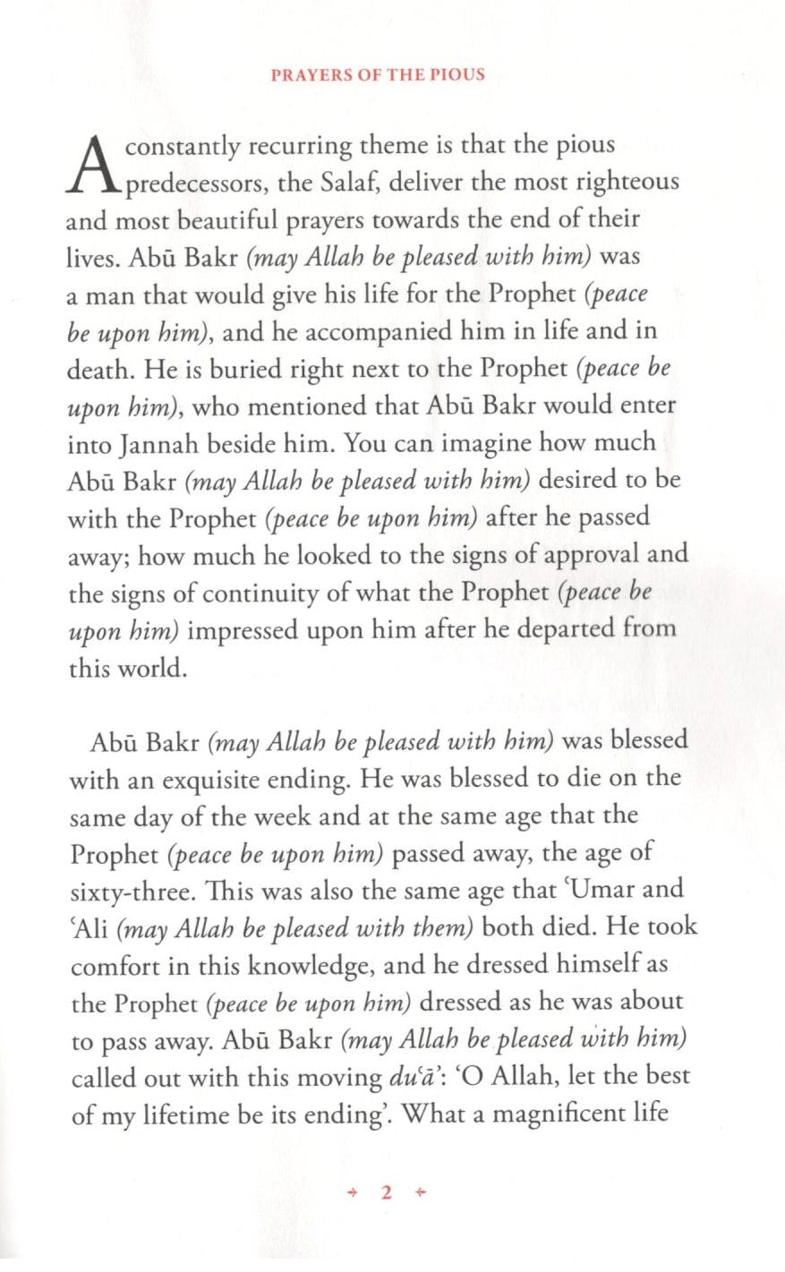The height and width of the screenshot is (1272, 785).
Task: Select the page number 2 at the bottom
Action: (387, 1191)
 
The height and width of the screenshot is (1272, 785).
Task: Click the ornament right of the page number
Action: (422, 1191)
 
